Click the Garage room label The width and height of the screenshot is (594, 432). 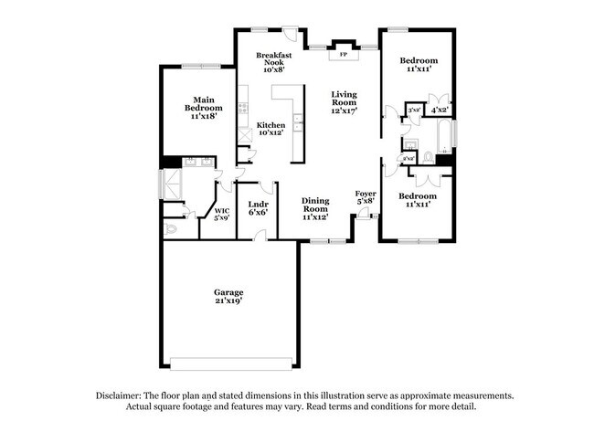point(229,292)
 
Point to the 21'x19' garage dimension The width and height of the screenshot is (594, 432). point(229,301)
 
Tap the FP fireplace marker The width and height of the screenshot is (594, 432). point(344,55)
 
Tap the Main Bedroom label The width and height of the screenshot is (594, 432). point(203,103)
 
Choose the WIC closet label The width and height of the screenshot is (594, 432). point(221,211)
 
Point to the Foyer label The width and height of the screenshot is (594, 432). point(366,194)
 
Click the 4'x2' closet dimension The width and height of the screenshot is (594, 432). point(440,110)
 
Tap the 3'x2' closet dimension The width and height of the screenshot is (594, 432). point(413,110)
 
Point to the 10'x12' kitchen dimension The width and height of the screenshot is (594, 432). point(270,133)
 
